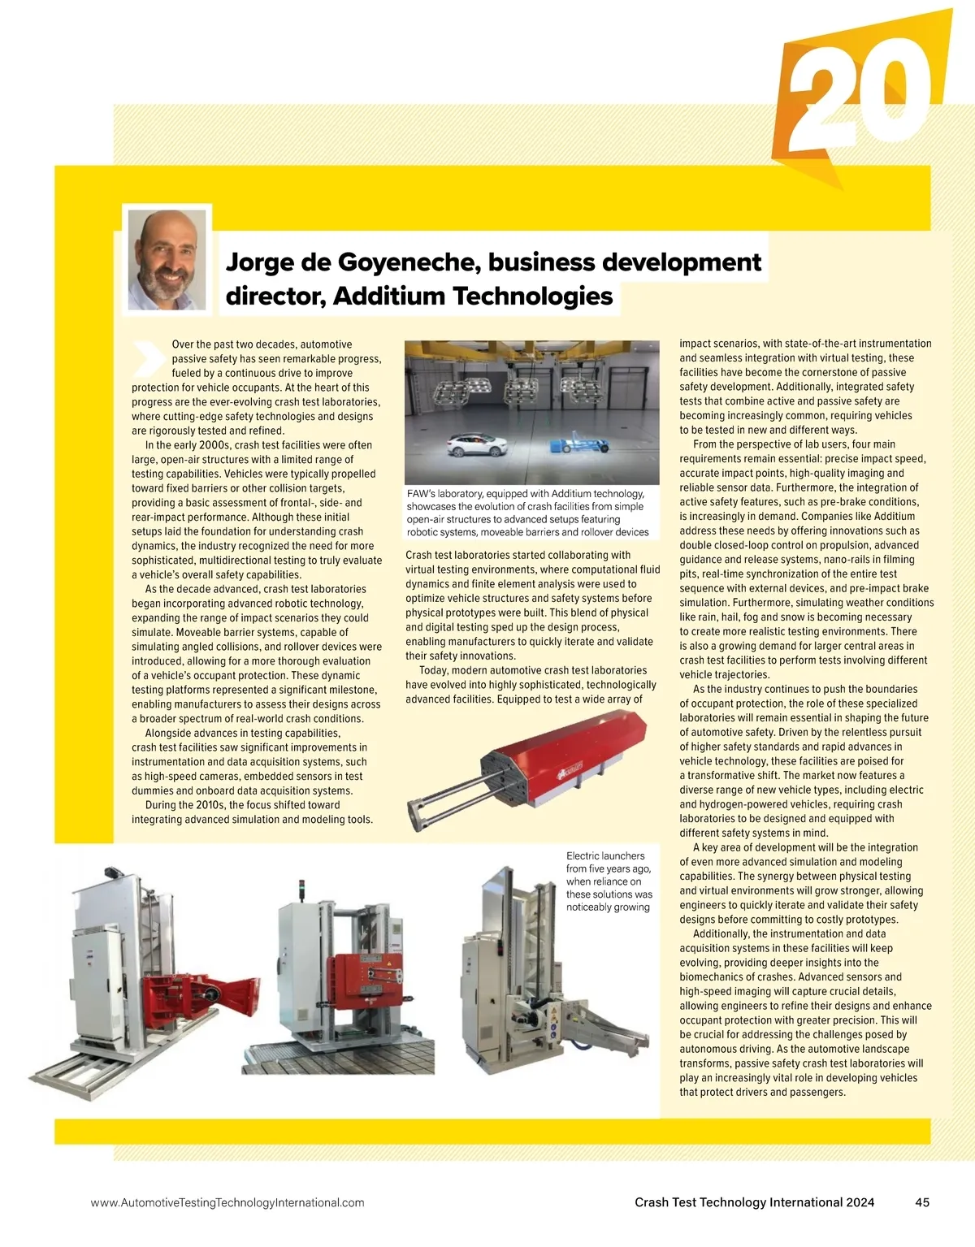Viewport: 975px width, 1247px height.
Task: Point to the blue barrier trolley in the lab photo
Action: click(x=580, y=444)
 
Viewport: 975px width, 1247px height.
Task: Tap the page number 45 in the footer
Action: click(x=921, y=1202)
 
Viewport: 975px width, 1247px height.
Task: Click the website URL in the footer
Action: click(x=227, y=1202)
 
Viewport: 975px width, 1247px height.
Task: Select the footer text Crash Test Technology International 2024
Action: click(x=754, y=1202)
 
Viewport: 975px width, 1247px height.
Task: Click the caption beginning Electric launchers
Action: click(x=609, y=881)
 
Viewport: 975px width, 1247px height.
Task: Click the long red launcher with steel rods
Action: click(x=561, y=760)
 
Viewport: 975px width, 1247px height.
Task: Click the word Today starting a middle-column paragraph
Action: click(x=435, y=670)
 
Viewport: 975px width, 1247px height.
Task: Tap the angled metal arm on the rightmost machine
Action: click(x=605, y=1028)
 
